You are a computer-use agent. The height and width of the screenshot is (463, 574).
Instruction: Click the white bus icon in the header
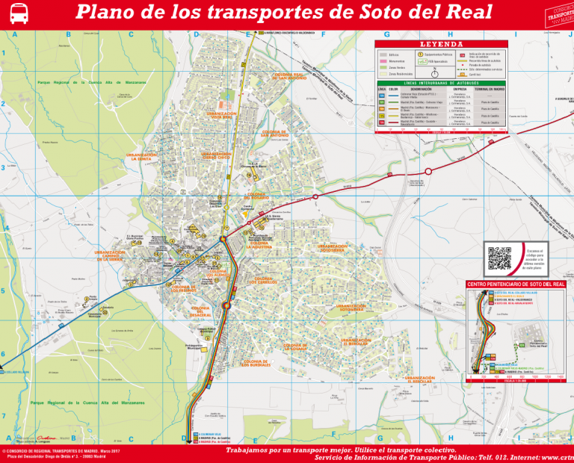coord(19,13)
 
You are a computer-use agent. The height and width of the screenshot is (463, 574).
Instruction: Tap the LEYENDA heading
coord(440,44)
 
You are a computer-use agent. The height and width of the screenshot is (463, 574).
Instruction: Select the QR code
coord(499,258)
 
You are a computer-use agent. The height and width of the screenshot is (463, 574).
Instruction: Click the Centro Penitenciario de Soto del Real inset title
coord(516,285)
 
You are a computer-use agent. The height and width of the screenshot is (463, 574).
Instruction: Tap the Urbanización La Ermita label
coord(141,157)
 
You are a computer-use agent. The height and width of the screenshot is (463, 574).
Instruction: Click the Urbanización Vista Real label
coord(221,115)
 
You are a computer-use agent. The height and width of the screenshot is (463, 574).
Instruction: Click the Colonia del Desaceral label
coord(200,311)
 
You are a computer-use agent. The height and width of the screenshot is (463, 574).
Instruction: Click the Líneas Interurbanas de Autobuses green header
coord(440,83)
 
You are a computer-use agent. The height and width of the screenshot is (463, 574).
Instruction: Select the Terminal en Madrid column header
coord(490,88)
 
